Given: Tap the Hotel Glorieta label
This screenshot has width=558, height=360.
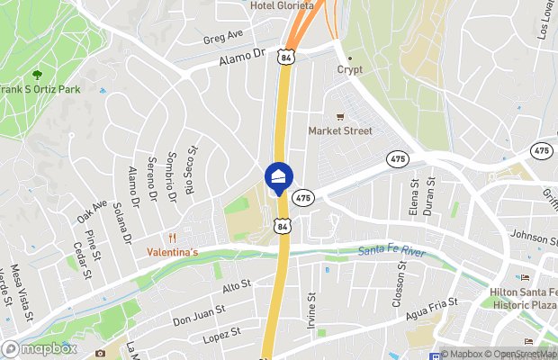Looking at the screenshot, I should pyautogui.click(x=282, y=5).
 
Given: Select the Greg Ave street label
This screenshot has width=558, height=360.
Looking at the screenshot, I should pyautogui.click(x=224, y=37).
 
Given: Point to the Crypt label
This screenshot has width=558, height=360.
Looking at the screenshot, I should pyautogui.click(x=349, y=69).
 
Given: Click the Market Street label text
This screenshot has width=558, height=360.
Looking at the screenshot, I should pyautogui.click(x=340, y=130).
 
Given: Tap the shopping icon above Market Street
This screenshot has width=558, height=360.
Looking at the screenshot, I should pyautogui.click(x=340, y=116).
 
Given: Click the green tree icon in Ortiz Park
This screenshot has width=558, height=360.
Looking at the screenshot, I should pyautogui.click(x=37, y=75).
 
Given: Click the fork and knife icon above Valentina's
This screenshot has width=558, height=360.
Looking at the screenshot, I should pyautogui.click(x=171, y=238).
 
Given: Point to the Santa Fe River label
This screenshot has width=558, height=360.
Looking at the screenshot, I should pyautogui.click(x=391, y=252).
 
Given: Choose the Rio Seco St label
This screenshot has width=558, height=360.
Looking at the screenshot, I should pyautogui.click(x=190, y=172).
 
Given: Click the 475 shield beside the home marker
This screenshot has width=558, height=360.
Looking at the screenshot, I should pyautogui.click(x=303, y=197).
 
